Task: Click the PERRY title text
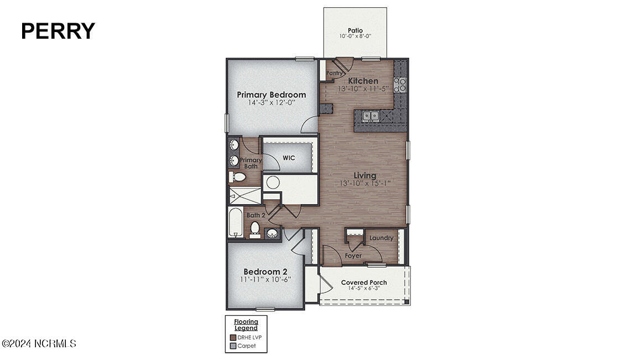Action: (58, 31)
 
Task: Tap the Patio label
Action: (355, 30)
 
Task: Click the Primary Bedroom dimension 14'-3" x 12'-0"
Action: (271, 102)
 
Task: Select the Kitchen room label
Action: (363, 81)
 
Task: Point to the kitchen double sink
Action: (370, 116)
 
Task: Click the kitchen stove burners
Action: (400, 84)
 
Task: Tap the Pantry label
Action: (333, 72)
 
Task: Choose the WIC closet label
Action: (289, 158)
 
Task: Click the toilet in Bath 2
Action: (255, 228)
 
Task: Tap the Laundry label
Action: (382, 238)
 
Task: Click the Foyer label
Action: (353, 255)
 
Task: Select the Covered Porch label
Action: (364, 282)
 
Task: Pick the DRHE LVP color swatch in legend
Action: (233, 337)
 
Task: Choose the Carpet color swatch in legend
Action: (233, 346)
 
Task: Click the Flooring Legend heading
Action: (246, 325)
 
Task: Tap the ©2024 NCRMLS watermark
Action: (39, 344)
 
